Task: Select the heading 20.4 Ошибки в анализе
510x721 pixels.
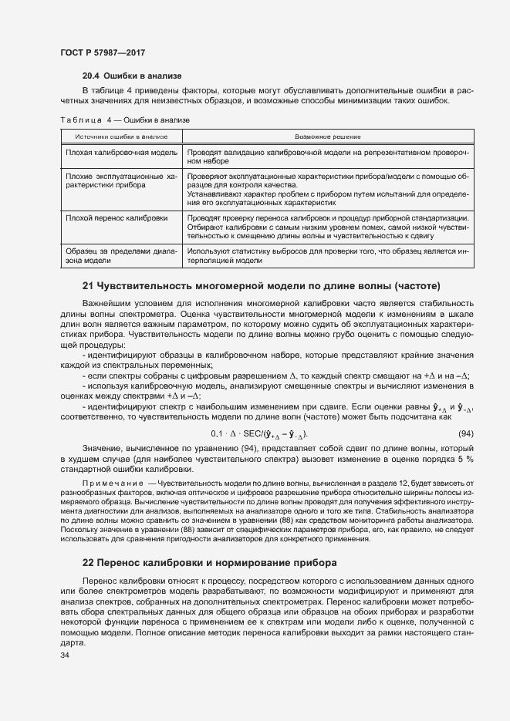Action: [132, 76]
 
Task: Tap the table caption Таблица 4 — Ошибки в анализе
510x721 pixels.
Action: [125, 120]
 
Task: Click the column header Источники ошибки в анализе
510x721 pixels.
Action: [121, 136]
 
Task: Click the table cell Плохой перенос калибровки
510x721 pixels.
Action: [117, 218]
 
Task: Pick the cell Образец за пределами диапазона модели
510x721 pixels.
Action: [122, 255]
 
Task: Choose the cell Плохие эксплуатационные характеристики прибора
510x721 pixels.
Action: [122, 181]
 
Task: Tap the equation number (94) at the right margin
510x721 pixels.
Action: [466, 433]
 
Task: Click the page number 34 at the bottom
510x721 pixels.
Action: [65, 655]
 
